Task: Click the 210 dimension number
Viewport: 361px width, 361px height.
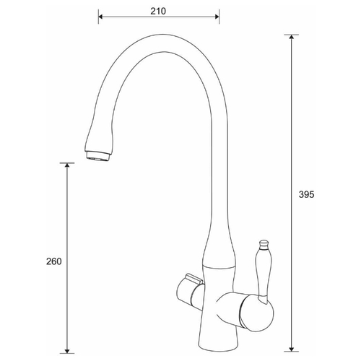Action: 158,11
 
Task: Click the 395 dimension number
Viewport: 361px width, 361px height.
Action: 306,194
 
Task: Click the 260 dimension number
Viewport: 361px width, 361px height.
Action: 54,261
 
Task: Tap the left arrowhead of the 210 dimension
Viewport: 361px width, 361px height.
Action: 100,17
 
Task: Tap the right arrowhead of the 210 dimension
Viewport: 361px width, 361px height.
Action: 217,17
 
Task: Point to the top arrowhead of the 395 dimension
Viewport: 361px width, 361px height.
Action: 292,37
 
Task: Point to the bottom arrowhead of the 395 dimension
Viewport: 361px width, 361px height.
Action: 292,349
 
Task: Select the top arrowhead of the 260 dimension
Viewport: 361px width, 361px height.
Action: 67,165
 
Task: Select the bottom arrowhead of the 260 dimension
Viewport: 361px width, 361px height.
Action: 67,351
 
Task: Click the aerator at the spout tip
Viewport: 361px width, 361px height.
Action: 97,156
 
